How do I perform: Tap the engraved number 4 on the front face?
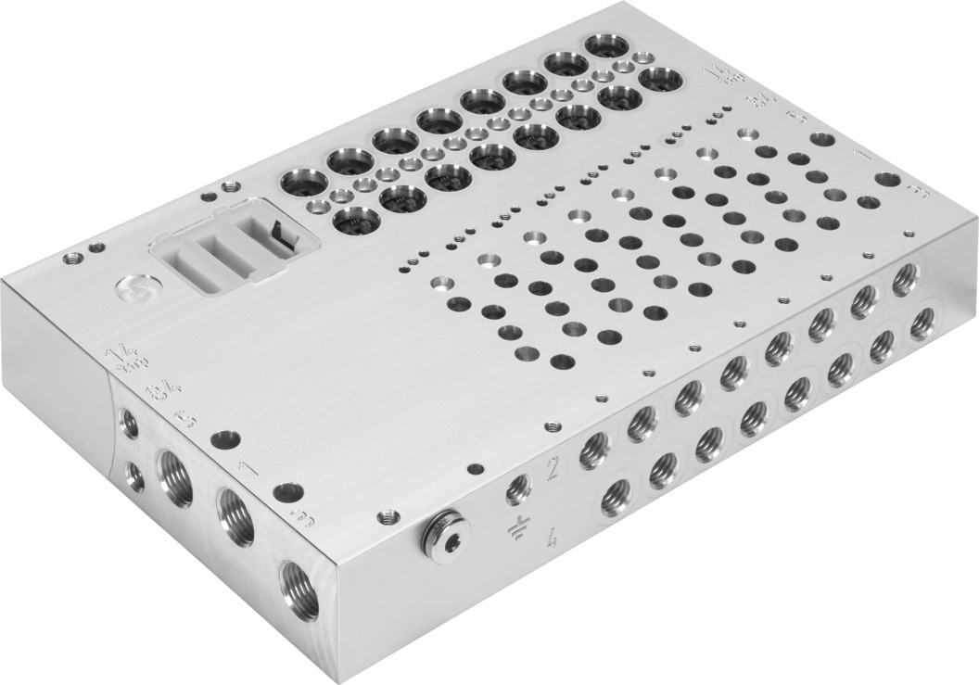coord(553,538)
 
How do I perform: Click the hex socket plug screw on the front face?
coord(446,531)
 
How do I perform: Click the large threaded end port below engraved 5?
coord(175,477)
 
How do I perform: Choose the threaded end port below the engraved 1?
coord(235,517)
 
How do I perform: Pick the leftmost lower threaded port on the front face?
coord(614,501)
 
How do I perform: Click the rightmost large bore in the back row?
coord(607,45)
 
